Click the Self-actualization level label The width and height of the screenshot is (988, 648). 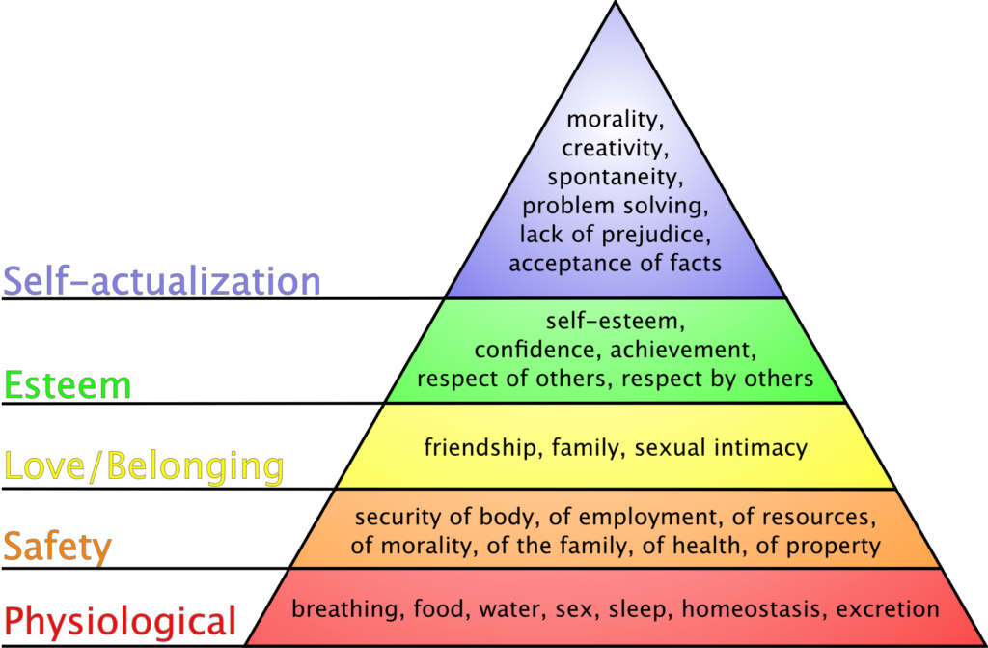click(162, 281)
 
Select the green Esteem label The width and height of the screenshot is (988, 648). click(68, 385)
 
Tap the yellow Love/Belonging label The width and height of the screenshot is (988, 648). click(145, 466)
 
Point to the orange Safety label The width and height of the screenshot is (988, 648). click(57, 547)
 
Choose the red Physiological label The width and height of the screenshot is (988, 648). click(120, 621)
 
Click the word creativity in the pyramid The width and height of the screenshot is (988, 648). click(615, 149)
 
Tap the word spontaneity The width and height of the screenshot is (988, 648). click(615, 178)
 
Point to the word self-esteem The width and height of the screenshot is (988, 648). click(615, 322)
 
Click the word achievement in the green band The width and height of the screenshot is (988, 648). click(683, 350)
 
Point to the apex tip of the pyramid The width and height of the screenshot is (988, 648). click(616, 2)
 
